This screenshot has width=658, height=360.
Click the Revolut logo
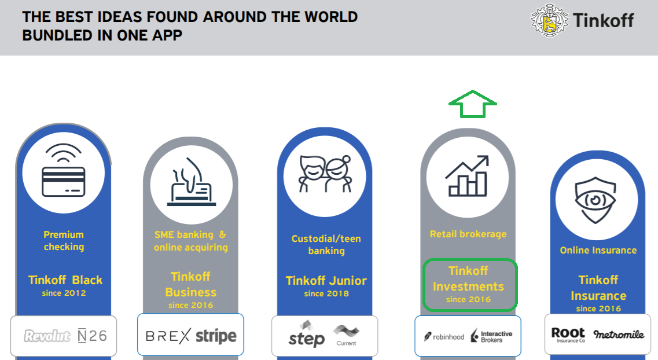[45, 336]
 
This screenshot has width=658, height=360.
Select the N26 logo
[92, 336]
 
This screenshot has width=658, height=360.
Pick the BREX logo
[167, 335]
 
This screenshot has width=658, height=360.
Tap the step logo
[306, 335]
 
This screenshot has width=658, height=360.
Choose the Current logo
[346, 335]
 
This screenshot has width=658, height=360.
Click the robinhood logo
[444, 336]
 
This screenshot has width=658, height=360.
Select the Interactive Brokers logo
[492, 336]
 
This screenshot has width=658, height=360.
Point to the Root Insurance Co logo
[568, 335]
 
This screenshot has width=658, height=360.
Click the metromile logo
[618, 334]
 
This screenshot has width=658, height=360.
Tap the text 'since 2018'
[326, 294]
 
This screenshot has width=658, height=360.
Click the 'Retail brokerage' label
[468, 234]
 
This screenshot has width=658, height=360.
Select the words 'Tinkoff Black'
[65, 280]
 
